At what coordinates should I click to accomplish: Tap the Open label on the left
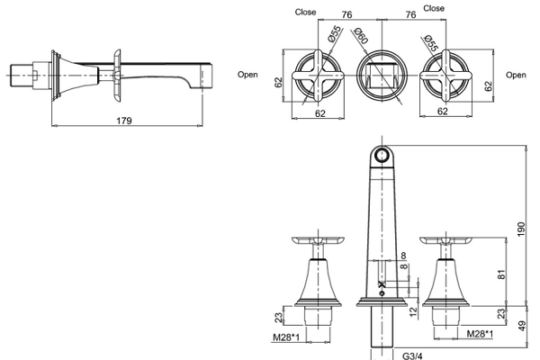[249, 76]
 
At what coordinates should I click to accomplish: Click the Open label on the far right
[516, 76]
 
